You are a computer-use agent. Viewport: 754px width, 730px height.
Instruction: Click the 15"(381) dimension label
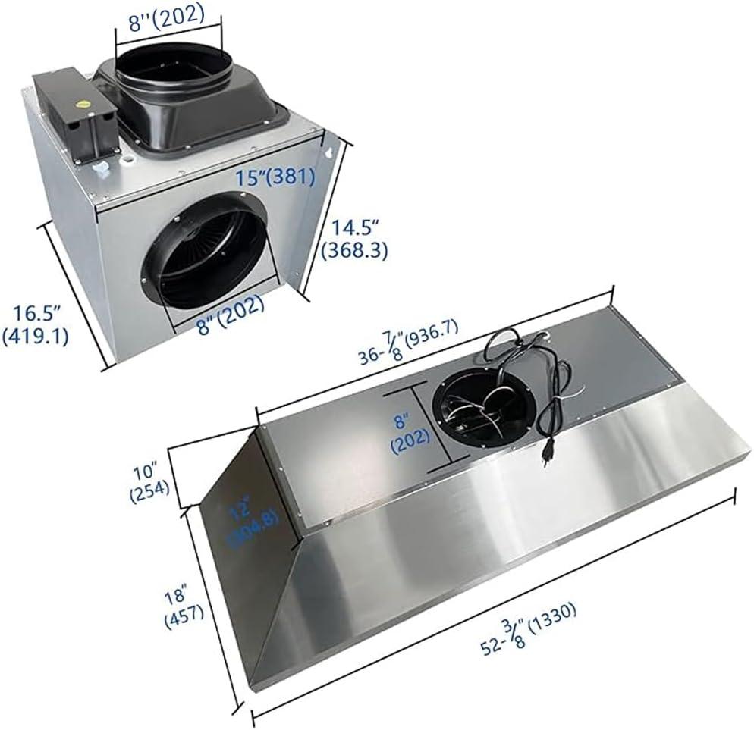coord(275,177)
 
